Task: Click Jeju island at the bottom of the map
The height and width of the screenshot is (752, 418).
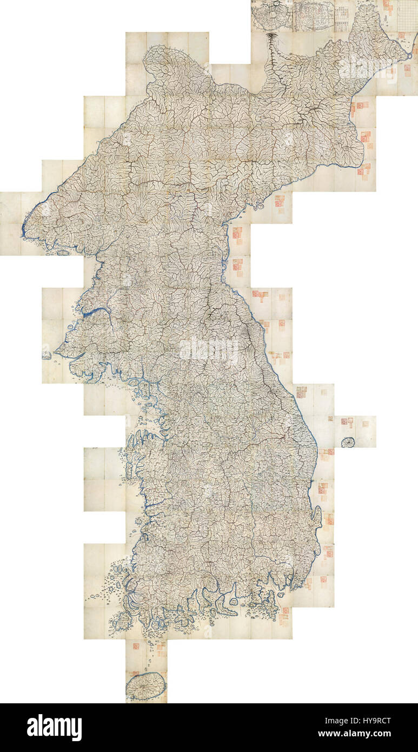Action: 146,685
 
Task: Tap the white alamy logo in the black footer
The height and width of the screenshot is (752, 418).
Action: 54,727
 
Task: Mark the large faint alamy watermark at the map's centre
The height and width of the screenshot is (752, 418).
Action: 208,351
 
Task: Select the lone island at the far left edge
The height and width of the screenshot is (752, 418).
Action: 47,355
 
